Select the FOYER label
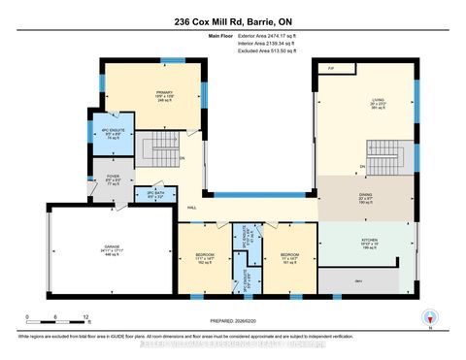pos(113,177)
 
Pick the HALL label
pos(192,207)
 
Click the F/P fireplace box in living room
pos(330,69)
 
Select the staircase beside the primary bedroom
pos(156,150)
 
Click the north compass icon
pos(428,316)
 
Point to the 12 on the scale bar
pos(87,318)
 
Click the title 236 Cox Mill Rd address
pos(233,21)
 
